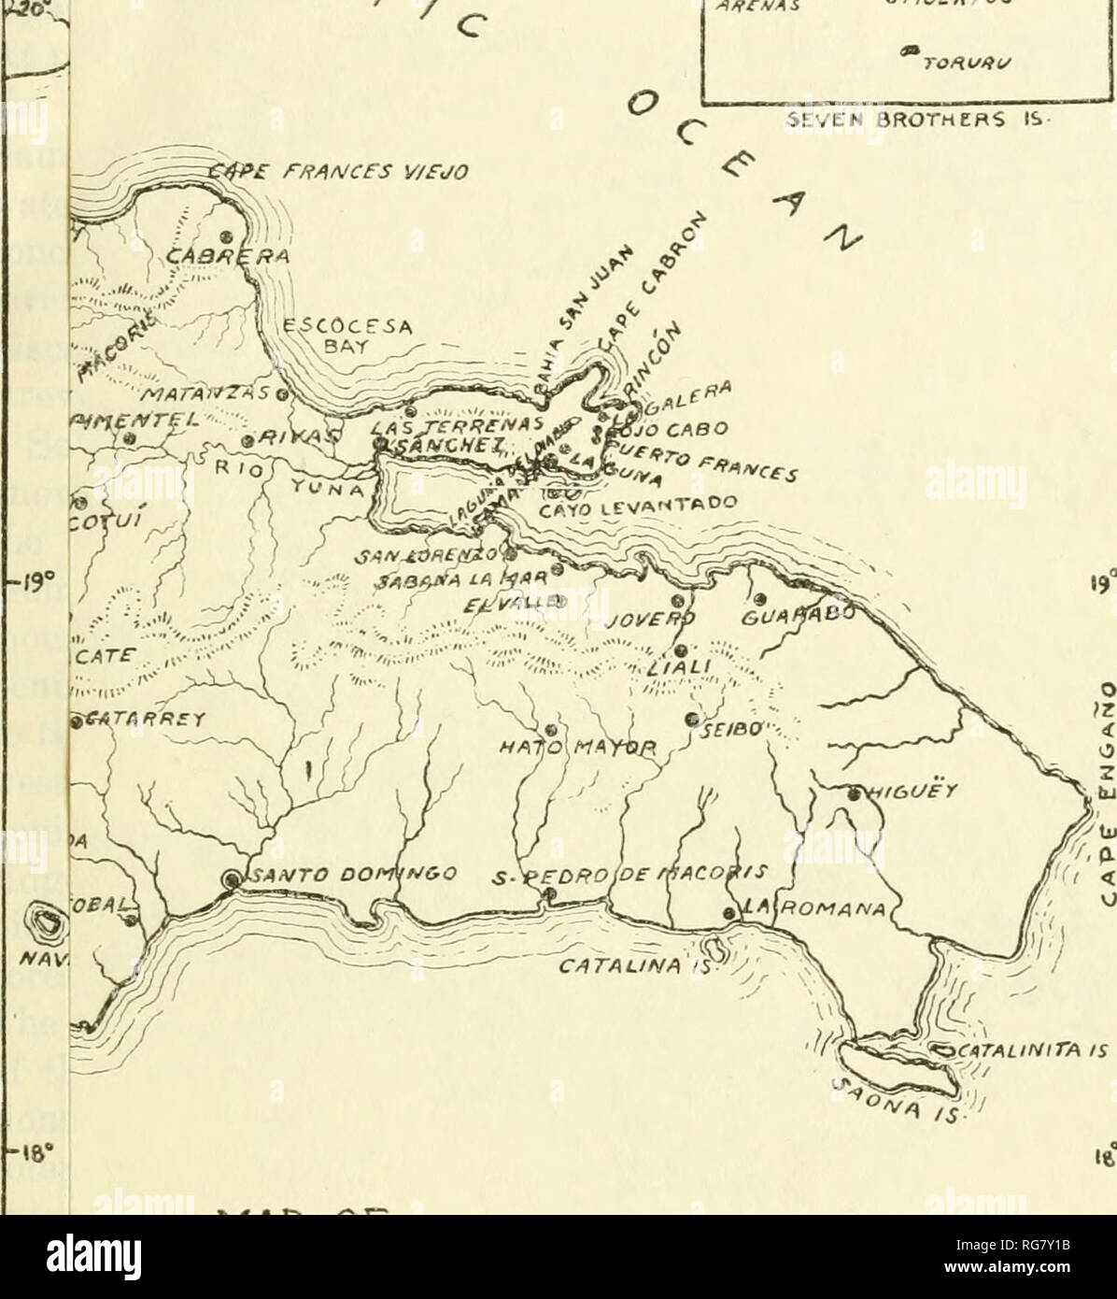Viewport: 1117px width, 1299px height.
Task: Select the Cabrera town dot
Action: [x=226, y=236]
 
